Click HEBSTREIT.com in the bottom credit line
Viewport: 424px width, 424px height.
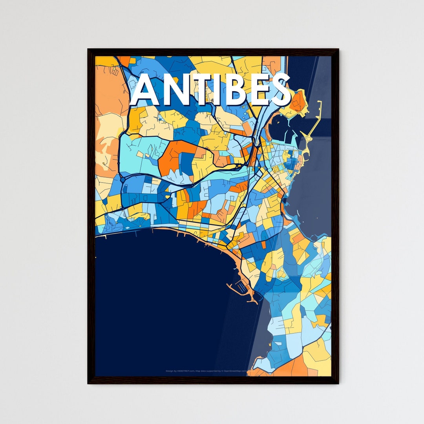tap(186, 371)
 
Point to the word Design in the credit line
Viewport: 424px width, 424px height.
tap(169, 371)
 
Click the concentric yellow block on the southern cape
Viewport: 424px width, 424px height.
tap(281, 272)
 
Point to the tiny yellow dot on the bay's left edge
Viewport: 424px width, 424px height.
tap(96, 258)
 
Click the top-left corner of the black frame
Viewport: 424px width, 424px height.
tap(88, 49)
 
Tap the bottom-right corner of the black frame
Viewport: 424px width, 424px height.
tap(338, 383)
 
